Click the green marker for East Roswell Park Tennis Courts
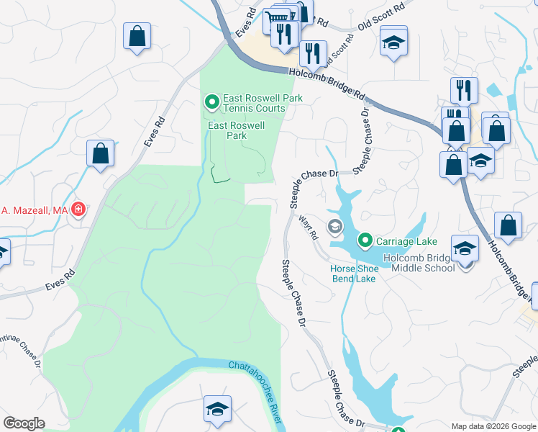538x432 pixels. (x=212, y=103)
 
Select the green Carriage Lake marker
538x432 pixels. (x=365, y=240)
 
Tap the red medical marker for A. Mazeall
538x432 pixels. (x=78, y=210)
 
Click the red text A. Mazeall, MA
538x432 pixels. (x=34, y=210)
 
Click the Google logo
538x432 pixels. (x=24, y=423)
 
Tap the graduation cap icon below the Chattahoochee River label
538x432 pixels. (x=217, y=409)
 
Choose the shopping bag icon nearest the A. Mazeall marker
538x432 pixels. (x=101, y=153)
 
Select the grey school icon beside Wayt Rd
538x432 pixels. (x=334, y=228)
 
